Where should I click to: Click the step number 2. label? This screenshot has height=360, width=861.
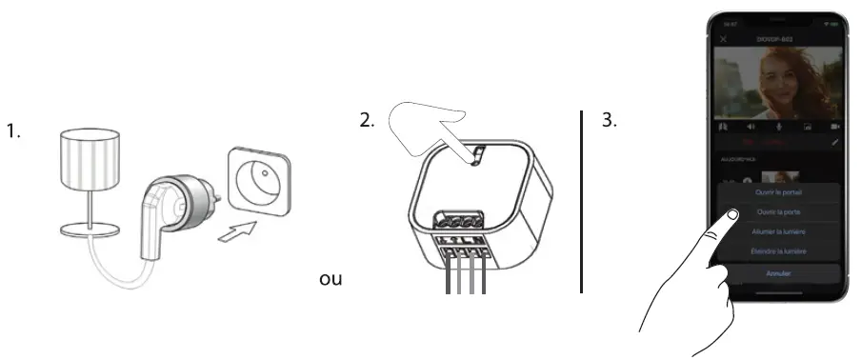point(367,122)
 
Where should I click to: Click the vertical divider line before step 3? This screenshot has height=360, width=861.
point(581,201)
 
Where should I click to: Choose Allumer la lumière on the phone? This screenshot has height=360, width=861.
point(779,232)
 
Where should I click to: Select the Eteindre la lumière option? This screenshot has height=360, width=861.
point(779,251)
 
